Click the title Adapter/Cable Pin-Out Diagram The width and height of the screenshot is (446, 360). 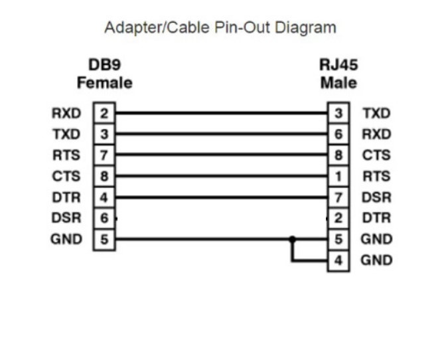[220, 28]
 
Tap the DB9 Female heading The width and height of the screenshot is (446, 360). [105, 74]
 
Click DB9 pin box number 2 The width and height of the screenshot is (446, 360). [104, 114]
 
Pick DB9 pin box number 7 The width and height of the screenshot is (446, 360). [104, 155]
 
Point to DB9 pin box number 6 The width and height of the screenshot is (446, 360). [104, 218]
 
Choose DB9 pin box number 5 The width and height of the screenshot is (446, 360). [104, 239]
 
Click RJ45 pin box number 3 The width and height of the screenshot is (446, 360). [338, 114]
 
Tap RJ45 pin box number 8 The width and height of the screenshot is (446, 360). [338, 155]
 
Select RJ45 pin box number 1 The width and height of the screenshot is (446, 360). [338, 177]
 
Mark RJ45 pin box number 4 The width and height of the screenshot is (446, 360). [338, 260]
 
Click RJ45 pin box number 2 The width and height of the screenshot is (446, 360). [338, 218]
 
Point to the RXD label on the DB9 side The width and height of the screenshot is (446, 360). [66, 114]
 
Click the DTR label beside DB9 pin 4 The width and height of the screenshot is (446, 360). [66, 197]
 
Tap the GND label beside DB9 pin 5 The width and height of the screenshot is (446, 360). [66, 239]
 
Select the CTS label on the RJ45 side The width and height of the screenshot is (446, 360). [376, 155]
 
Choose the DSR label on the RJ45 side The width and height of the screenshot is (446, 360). [376, 197]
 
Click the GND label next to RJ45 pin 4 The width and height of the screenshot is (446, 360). [376, 260]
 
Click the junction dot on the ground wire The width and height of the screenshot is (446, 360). [291, 239]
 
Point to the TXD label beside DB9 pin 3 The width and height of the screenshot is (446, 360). [66, 135]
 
